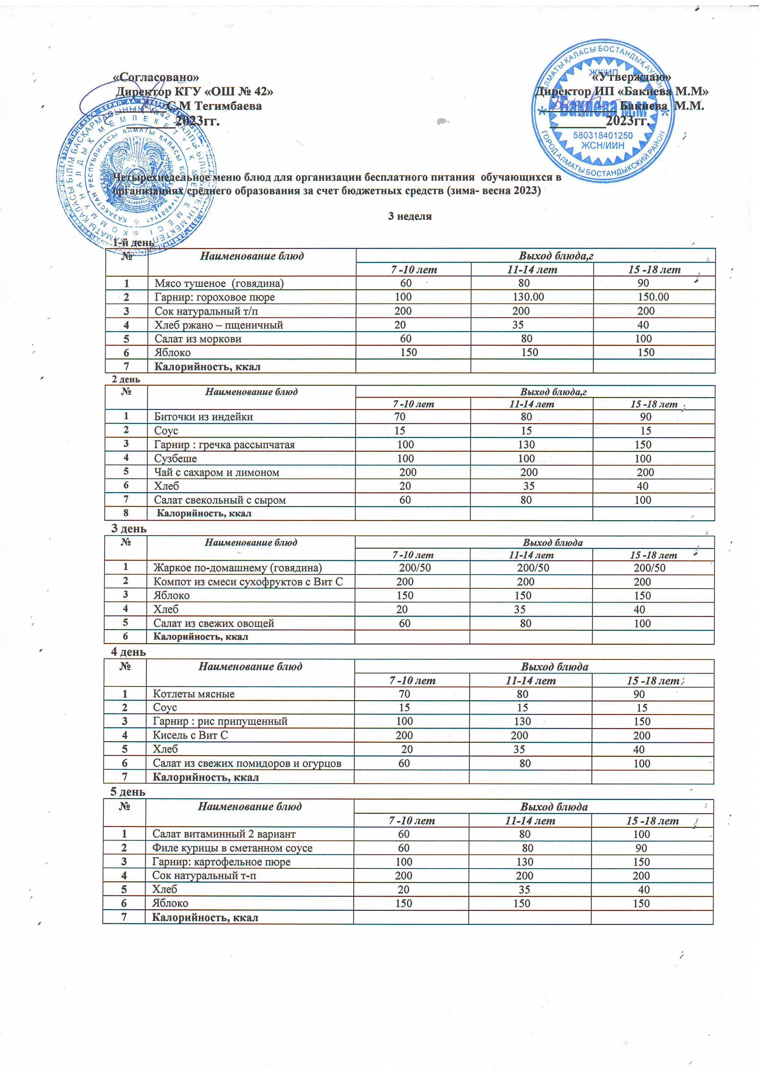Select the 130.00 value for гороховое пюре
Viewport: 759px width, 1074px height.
(528, 297)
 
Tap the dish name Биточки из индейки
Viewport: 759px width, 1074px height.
(204, 417)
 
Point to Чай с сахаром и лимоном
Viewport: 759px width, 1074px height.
(216, 472)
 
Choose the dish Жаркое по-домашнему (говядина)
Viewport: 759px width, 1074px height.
(237, 568)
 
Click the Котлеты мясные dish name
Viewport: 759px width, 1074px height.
(194, 694)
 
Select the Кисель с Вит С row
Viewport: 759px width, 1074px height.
(190, 735)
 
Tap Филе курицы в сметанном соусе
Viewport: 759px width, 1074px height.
(232, 848)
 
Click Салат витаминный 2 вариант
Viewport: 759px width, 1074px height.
(224, 834)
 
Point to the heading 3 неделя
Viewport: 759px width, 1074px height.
(410, 216)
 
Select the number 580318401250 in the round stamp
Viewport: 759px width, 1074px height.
(603, 136)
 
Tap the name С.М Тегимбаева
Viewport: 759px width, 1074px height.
(214, 106)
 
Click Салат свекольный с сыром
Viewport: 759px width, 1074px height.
(220, 500)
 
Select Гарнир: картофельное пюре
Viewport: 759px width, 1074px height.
(221, 862)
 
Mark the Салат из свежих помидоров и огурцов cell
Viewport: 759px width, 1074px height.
(247, 763)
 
